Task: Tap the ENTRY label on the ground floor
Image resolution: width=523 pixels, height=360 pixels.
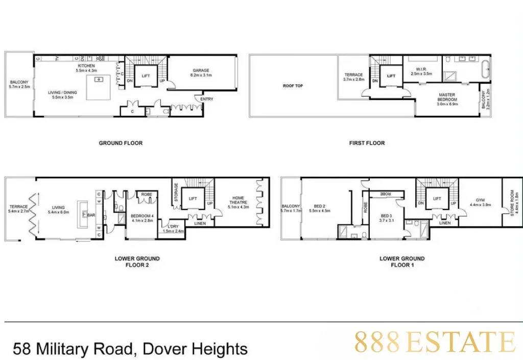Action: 207,99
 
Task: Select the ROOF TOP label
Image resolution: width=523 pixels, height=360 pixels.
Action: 293,86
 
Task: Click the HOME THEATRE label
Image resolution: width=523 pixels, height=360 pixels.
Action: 238,200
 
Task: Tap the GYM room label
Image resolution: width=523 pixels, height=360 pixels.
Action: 480,200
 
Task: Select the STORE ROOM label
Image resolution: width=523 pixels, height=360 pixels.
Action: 513,203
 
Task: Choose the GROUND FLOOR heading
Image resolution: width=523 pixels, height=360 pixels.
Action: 121,143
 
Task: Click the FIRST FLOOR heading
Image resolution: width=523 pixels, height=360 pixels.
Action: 367,143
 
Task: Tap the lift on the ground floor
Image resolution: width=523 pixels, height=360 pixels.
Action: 146,76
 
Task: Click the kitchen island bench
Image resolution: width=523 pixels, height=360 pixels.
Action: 99,87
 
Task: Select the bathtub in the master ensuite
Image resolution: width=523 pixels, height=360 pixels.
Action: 486,67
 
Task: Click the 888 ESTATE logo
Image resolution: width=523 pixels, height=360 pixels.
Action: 435,342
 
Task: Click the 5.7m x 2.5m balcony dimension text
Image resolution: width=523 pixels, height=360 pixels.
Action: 19,87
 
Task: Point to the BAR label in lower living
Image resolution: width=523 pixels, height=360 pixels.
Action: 92,215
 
